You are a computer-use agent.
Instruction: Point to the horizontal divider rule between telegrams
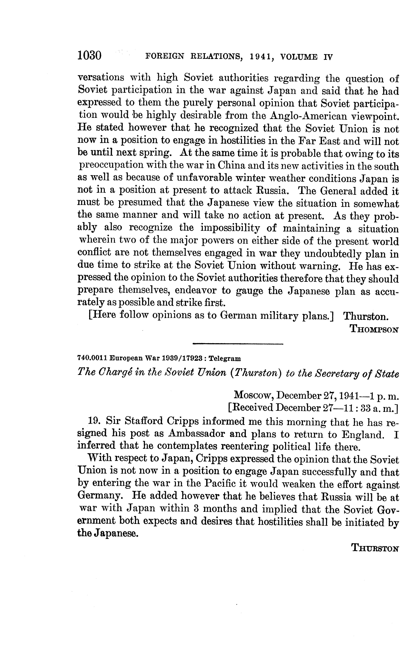[238, 344]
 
